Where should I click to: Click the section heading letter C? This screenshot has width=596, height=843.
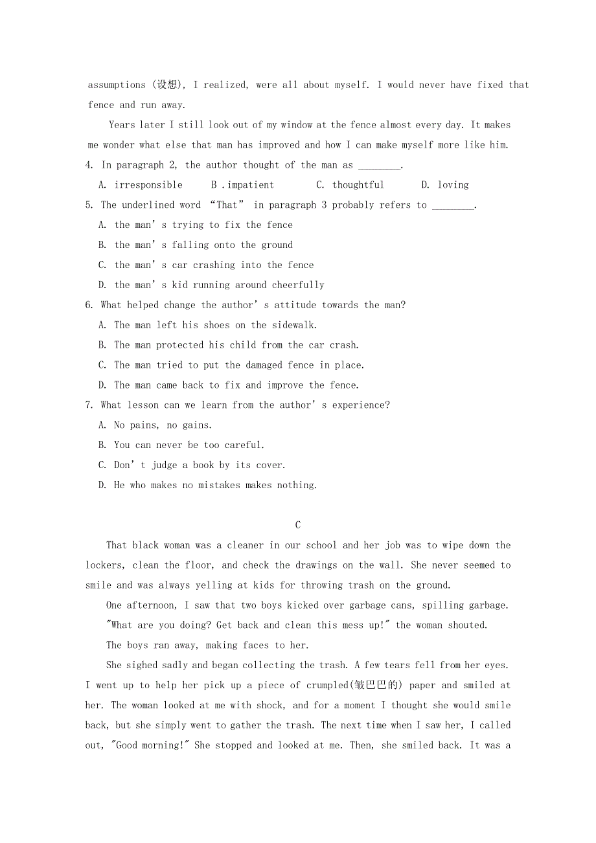[x=297, y=525]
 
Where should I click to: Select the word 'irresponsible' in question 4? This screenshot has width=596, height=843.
[x=148, y=185]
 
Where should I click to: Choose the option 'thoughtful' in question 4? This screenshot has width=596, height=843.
[x=358, y=185]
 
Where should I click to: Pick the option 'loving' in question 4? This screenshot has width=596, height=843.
[x=453, y=185]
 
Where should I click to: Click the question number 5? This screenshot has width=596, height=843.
[x=89, y=205]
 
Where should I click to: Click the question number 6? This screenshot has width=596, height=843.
[x=89, y=305]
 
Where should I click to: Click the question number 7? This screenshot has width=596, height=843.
[x=89, y=405]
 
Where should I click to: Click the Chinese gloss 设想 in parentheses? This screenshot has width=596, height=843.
[x=166, y=85]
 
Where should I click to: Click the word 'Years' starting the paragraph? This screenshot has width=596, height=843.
[x=122, y=125]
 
